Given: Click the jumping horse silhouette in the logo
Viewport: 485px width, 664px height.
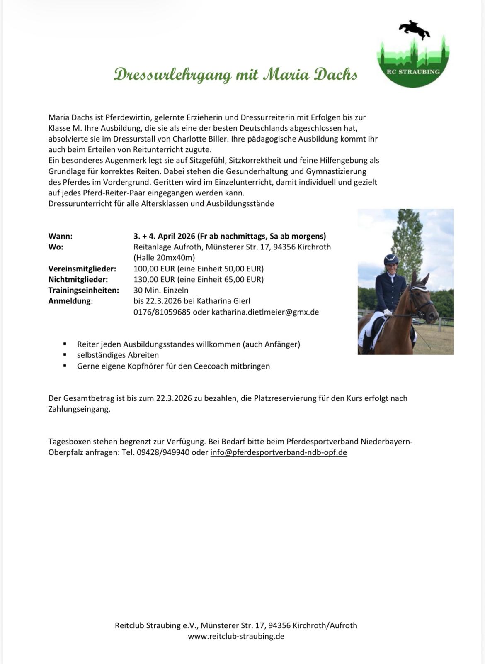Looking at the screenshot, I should [x=414, y=29].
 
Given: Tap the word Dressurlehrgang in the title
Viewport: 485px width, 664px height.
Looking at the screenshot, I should [x=172, y=75].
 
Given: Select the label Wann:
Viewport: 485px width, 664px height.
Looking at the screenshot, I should [x=61, y=236].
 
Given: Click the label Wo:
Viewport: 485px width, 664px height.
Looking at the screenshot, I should [x=56, y=247].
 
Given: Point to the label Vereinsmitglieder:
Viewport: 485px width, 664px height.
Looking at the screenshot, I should [x=82, y=269].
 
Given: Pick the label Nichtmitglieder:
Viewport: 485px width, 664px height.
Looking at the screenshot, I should [x=78, y=279].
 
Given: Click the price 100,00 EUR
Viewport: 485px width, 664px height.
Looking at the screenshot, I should [x=154, y=269].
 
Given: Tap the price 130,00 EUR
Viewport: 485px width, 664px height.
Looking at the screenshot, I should [x=154, y=279].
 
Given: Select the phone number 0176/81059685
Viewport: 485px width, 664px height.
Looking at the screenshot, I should [x=162, y=312].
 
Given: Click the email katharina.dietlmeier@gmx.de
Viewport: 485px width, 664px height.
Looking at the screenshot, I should [x=265, y=312].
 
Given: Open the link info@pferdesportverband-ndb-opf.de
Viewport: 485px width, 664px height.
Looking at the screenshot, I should [x=279, y=452].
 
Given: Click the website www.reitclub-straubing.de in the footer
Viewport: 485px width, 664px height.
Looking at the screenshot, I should [x=236, y=636].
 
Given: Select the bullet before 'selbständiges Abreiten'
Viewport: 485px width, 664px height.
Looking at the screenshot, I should [x=65, y=355].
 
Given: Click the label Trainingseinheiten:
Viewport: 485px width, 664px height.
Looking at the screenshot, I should [x=83, y=290].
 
